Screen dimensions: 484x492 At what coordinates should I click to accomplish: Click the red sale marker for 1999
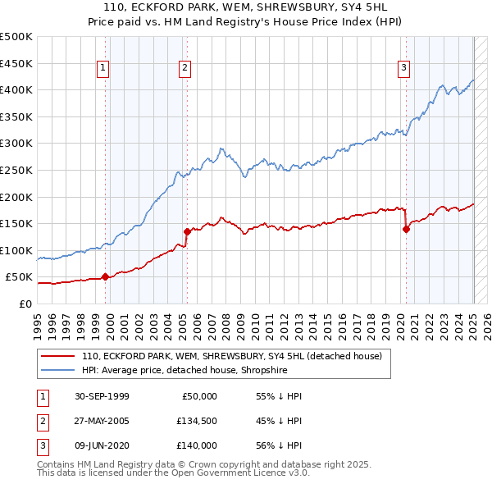(105, 277)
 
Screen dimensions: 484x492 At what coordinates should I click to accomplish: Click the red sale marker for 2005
(187, 231)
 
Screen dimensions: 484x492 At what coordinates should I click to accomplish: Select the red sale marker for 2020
(406, 229)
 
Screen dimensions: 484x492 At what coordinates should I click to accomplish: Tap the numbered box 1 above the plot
(103, 68)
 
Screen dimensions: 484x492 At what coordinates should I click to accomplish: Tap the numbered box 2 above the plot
(185, 68)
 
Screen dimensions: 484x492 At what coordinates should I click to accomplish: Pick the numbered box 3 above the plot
(404, 68)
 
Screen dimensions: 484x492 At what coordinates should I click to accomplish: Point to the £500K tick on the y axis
(16, 37)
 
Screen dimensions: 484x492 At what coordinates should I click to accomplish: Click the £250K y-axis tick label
(16, 170)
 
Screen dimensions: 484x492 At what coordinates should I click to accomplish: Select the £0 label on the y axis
(25, 304)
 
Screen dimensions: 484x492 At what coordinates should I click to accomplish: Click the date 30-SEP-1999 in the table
(102, 396)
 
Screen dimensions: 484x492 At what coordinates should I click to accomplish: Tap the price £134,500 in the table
(197, 421)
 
